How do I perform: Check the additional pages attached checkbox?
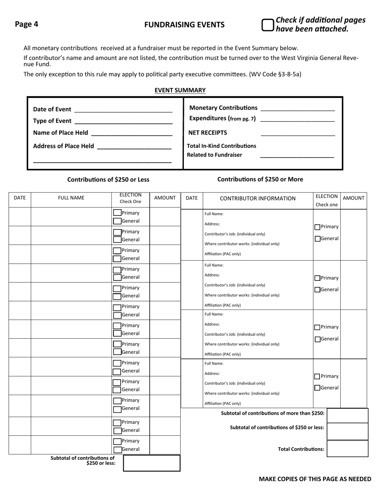(x=267, y=25)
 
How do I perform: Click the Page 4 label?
(x=27, y=24)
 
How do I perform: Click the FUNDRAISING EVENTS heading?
(x=184, y=25)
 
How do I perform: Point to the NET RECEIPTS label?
(x=208, y=133)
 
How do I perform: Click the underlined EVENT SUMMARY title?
(x=180, y=90)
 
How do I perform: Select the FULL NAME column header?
(x=71, y=198)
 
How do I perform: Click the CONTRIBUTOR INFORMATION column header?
(x=258, y=198)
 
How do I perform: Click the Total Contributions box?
(x=347, y=449)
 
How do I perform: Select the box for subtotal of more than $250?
(x=347, y=415)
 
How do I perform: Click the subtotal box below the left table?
(x=152, y=463)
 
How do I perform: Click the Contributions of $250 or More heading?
(x=260, y=179)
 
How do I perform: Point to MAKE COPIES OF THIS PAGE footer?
(x=315, y=479)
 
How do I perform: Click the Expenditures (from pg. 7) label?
(x=222, y=118)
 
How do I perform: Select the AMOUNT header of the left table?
(x=165, y=198)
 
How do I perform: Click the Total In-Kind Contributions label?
(x=222, y=146)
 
